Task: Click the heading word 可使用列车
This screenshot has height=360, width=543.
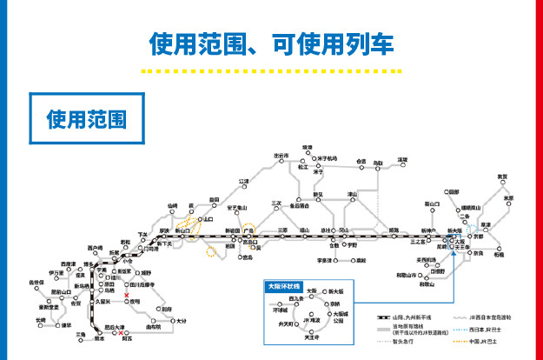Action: (339, 43)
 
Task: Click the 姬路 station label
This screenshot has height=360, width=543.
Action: (394, 230)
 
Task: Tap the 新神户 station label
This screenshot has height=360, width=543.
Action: (426, 230)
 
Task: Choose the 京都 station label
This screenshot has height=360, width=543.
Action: (477, 236)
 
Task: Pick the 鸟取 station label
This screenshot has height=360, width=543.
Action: (378, 163)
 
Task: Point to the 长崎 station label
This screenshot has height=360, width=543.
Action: (40, 320)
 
